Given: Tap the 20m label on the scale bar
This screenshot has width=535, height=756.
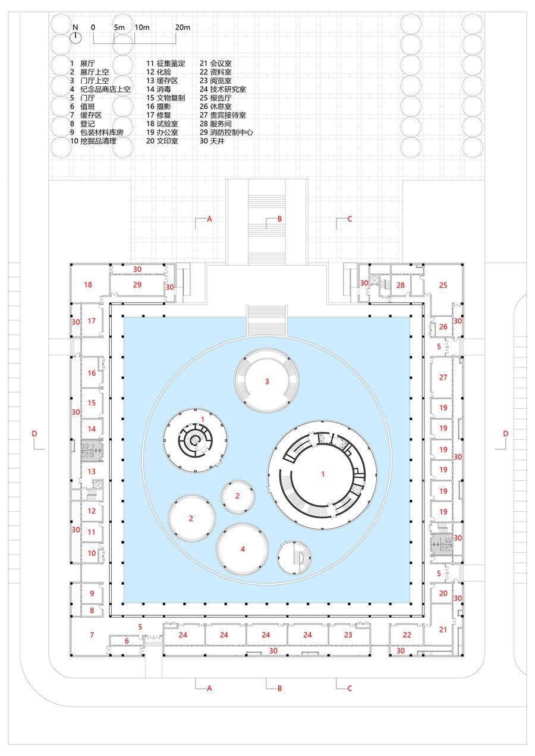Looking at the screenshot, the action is coord(182,27).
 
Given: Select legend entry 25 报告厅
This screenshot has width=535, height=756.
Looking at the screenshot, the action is coord(215,98).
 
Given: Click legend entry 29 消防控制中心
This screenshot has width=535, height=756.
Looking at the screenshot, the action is coord(226,133).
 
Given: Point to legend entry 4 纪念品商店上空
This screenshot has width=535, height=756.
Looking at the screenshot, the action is coord(100,89).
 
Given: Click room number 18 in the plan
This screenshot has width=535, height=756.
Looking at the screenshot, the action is coord(88,285).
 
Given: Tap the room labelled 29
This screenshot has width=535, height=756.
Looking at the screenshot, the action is coord(137,285).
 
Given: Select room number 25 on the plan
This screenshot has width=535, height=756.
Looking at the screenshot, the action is coord(443,285).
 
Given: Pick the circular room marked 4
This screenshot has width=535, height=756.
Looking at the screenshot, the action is coord(243,549).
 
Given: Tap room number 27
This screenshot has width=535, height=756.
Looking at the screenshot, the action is coord(443,377).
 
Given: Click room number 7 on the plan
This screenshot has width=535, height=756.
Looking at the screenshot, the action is coord(92,635).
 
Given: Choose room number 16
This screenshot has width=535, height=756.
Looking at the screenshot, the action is coord(92,373).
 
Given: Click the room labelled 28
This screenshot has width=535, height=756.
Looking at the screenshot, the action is coord(401,285).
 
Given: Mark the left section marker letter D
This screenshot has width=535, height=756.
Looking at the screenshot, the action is coord(34,433).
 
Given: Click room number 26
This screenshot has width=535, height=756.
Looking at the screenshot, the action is coord(443,326).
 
